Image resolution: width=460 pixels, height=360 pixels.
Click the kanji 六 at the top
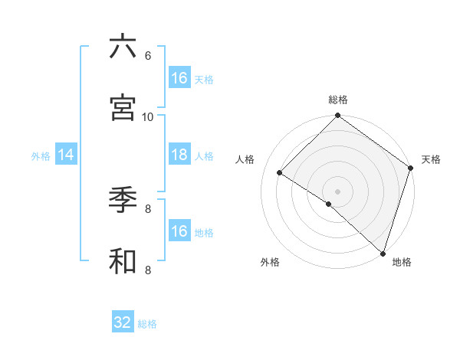123,47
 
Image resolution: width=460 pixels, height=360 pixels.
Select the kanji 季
123,200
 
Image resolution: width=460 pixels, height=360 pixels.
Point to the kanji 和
123,260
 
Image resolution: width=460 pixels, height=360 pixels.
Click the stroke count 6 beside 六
148,56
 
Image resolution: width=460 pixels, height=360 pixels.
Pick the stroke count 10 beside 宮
148,116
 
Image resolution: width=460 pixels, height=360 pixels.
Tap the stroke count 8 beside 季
148,208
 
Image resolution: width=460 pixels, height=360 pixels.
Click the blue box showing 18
179,155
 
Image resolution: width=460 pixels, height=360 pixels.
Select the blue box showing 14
66,155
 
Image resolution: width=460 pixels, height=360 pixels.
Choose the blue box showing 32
123,322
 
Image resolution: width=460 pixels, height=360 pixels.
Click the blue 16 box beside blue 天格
179,78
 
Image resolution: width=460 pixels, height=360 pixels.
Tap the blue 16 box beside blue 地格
179,231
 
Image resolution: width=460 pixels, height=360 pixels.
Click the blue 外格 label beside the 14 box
41,155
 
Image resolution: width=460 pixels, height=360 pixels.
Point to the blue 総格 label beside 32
147,323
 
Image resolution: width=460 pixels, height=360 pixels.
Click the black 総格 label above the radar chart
337,100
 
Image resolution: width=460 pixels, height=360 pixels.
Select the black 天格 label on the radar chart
431,159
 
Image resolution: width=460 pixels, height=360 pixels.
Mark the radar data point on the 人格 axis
280,173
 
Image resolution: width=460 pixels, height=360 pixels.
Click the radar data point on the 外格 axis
329,204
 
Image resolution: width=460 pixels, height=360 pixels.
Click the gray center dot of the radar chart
337,191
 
